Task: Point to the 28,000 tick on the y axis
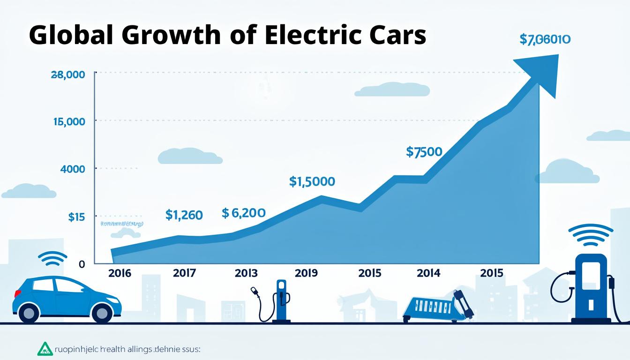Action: pos(67,75)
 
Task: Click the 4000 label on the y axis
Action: pos(73,169)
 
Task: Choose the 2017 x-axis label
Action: pos(184,273)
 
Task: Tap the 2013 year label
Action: pos(246,273)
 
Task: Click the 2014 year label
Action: pos(428,273)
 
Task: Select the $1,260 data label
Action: pos(184,215)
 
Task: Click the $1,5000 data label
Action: pos(312,182)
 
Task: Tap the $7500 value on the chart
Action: pos(424,152)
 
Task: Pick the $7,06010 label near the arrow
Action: pos(545,40)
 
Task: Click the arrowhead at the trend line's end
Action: pos(544,73)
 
